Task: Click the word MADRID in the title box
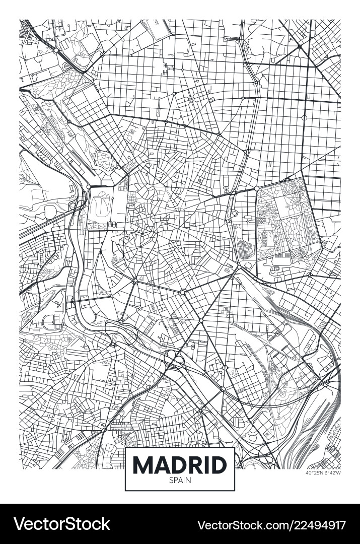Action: (x=180, y=464)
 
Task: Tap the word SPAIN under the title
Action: (x=180, y=481)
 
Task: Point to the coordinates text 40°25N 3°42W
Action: (x=323, y=472)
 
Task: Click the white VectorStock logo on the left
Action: (x=61, y=524)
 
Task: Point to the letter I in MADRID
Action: (x=207, y=464)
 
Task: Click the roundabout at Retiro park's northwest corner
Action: (x=256, y=188)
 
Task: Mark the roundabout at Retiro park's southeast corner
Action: (x=311, y=275)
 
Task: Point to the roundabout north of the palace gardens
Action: (x=89, y=187)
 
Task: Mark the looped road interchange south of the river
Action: (x=174, y=359)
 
